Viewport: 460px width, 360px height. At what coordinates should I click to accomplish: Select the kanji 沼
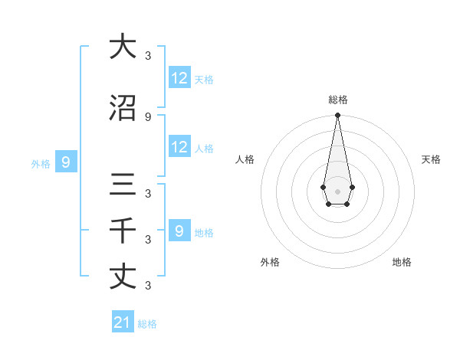(x=123, y=109)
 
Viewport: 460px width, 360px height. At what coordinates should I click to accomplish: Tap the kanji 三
(x=123, y=185)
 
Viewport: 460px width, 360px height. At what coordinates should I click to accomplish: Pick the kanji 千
(x=123, y=231)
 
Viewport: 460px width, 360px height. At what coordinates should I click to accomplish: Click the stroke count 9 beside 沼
(x=148, y=116)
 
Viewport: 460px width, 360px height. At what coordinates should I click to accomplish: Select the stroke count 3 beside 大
(x=148, y=55)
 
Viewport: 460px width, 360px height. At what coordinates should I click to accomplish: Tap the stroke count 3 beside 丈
(x=148, y=285)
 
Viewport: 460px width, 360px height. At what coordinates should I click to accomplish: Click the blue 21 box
(x=123, y=322)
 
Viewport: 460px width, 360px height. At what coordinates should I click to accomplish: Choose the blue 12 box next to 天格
(x=179, y=78)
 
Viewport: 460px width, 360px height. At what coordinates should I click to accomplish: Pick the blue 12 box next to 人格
(x=179, y=147)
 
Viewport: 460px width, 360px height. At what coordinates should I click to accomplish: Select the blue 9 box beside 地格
(x=179, y=231)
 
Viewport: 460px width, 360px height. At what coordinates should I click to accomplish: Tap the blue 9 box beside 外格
(x=66, y=162)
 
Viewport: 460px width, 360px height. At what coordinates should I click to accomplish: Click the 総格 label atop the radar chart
(x=337, y=100)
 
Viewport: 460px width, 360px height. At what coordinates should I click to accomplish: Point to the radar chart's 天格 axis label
(x=431, y=159)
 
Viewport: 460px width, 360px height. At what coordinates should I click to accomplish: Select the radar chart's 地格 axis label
(x=402, y=262)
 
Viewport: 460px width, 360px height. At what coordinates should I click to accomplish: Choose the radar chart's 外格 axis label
(x=270, y=262)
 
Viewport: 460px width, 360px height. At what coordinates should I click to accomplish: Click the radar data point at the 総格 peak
(x=337, y=116)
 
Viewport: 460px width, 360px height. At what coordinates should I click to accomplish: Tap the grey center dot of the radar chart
(x=337, y=191)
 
